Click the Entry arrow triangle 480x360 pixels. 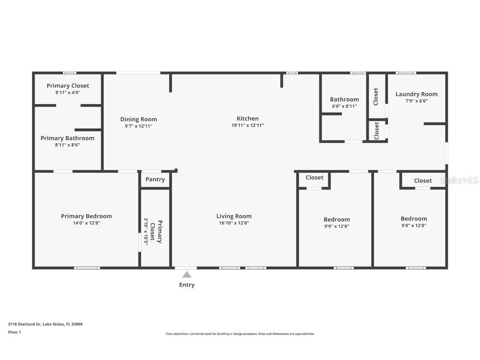tap(187, 275)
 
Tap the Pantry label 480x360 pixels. tap(155, 180)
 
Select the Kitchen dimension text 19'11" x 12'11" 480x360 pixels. tap(247, 125)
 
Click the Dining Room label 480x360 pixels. tap(138, 120)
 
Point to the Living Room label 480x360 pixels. tap(234, 216)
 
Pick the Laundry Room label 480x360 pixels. tap(416, 94)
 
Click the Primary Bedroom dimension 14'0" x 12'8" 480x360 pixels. tap(86, 223)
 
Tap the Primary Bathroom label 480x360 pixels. tap(67, 138)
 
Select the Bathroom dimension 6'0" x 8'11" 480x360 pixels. tap(345, 106)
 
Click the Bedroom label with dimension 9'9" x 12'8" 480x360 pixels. tap(337, 220)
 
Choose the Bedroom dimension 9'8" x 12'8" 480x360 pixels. tap(414, 225)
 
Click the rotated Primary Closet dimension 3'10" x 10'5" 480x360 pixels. tap(146, 232)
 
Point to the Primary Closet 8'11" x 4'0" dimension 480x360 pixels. tap(67, 92)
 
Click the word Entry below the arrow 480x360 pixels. tap(187, 285)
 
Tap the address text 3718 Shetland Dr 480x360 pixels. tap(24, 324)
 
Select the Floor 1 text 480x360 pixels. tap(15, 332)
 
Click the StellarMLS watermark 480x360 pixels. tap(459, 180)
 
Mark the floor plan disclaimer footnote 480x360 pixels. tap(240, 334)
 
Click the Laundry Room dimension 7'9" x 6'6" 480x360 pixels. tap(417, 101)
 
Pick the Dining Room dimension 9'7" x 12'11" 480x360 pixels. tap(138, 126)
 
